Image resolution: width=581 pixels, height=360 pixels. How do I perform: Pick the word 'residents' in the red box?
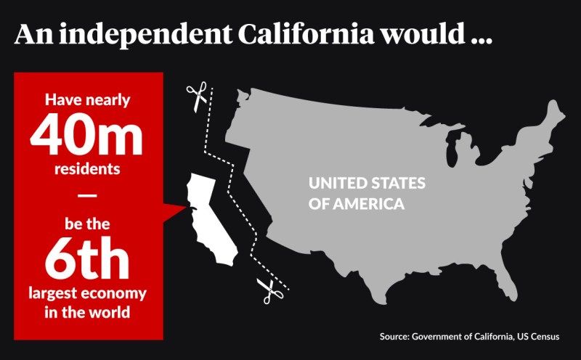coord(87,169)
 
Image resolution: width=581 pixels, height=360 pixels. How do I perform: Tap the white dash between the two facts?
coord(86,195)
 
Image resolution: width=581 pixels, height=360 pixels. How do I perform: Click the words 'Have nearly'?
coord(88,100)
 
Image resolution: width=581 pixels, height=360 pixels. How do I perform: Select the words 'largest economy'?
coord(87,294)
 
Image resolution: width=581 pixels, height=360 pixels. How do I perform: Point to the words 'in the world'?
coord(87,313)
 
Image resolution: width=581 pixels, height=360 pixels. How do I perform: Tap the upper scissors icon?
coord(197,97)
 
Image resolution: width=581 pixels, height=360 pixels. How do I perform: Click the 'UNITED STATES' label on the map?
coord(367,183)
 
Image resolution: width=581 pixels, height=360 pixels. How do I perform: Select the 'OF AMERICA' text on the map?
coord(357,204)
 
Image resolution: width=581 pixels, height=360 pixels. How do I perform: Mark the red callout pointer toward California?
coord(173,213)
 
